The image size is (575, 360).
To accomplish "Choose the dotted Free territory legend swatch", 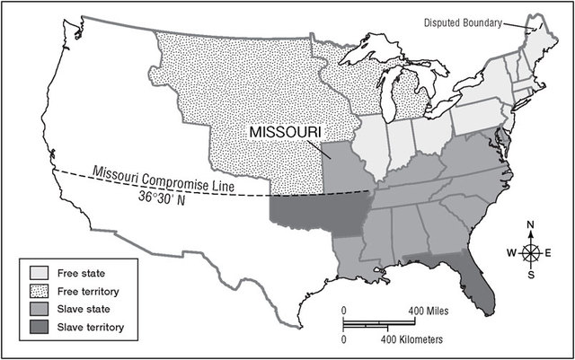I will pos(38,292).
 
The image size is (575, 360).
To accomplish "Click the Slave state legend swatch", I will pos(38,309).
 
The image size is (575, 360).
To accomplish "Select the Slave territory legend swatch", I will pos(38,326).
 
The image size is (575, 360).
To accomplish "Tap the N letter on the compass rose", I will pos(531,225).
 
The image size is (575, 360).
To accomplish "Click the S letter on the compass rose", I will pos(531,276).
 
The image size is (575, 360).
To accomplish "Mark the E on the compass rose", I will pos(551,252).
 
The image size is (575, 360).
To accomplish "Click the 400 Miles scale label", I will pos(429,311).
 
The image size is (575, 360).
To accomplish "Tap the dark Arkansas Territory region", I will pos(314,215).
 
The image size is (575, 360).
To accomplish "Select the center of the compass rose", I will pos(531,252).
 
